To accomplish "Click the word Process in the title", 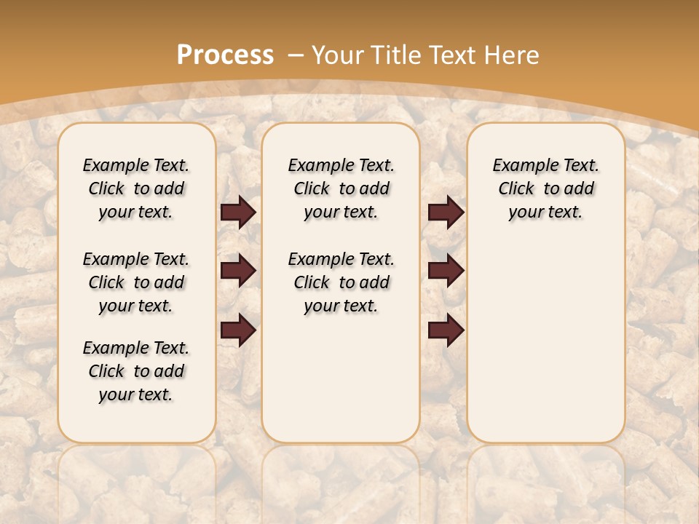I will (x=225, y=55).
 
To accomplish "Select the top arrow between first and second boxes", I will (x=238, y=213).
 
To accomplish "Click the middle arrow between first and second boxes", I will (x=238, y=271).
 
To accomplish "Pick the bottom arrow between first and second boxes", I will (x=238, y=330).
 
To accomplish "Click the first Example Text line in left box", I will (x=136, y=165).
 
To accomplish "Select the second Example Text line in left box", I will (x=136, y=259).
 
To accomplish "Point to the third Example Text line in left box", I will (x=136, y=348).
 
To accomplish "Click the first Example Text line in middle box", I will (x=341, y=165).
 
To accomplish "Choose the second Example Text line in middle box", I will (x=341, y=259).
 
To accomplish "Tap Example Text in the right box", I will (x=546, y=165).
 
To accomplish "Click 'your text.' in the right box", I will (x=546, y=213).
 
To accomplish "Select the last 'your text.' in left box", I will (x=136, y=394).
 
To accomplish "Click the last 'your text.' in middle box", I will (x=341, y=306).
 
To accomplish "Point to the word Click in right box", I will (x=516, y=189).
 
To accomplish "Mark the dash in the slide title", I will (x=296, y=55).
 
